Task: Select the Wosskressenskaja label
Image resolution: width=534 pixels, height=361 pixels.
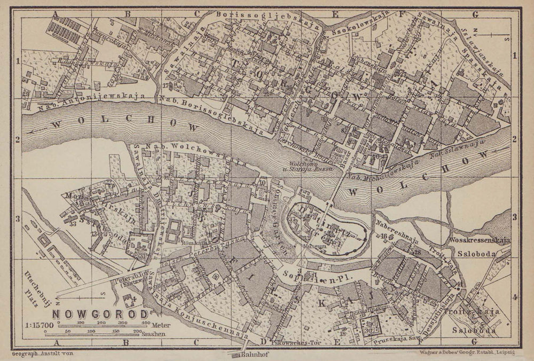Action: click(x=480, y=240)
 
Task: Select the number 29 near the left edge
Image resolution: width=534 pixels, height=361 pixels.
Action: click(x=26, y=94)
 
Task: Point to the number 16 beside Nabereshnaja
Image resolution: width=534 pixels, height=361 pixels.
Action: click(x=383, y=236)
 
